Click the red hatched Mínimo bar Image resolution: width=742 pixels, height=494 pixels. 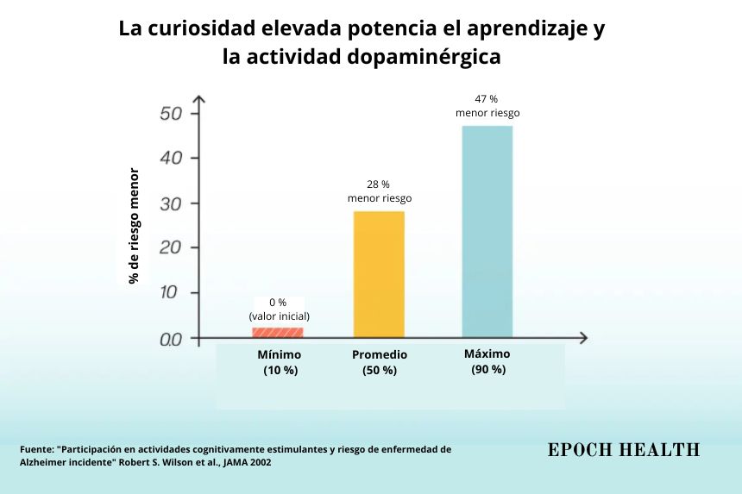277,332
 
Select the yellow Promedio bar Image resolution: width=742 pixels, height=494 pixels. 379,274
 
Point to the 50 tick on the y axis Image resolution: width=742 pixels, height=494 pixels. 171,114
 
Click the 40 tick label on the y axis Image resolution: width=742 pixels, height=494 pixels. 171,159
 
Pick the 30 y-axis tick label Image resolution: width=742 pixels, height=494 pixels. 171,203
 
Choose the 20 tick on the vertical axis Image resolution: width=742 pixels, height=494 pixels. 171,248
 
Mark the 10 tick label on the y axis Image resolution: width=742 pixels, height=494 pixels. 171,293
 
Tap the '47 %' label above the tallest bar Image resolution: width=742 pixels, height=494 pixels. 487,99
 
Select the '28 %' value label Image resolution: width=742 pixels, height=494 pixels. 379,184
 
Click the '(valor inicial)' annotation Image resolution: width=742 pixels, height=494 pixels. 278,316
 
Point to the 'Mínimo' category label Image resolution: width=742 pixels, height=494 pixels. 280,354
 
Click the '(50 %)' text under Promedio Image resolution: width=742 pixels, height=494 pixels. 380,370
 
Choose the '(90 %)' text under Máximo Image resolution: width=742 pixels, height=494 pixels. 487,369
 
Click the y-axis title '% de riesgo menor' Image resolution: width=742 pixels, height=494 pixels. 134,226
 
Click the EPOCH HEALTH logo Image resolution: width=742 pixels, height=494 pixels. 624,449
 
